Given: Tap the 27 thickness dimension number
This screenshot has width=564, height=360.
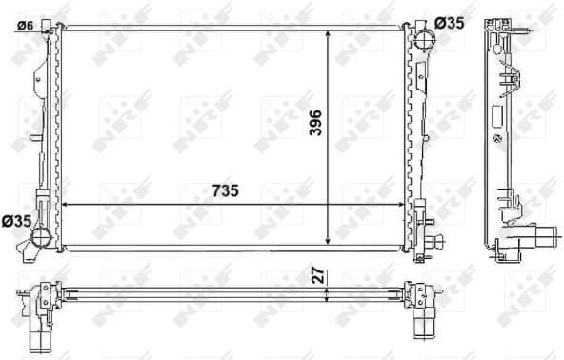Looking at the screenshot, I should [x=320, y=275].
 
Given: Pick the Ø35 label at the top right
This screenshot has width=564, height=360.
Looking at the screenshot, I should [x=449, y=22].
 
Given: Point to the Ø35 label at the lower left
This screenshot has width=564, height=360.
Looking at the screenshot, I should [x=18, y=221].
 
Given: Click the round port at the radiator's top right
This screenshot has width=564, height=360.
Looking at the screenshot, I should [x=424, y=42].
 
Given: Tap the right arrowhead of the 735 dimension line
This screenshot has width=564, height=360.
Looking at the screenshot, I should [x=404, y=204].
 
